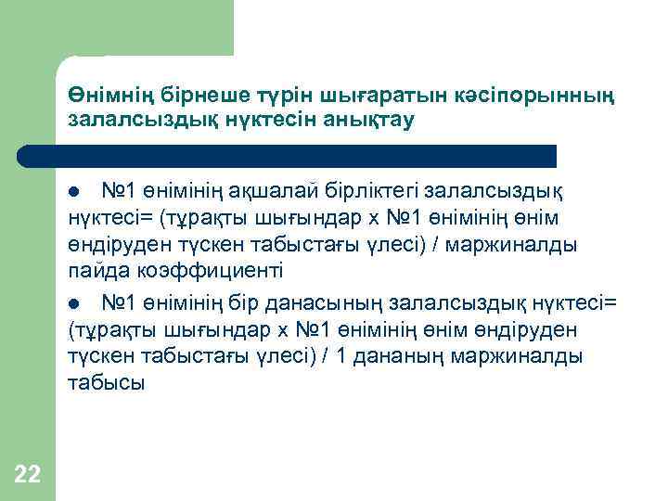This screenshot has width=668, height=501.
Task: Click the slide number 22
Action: (28, 475)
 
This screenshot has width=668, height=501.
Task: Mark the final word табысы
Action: (106, 383)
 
